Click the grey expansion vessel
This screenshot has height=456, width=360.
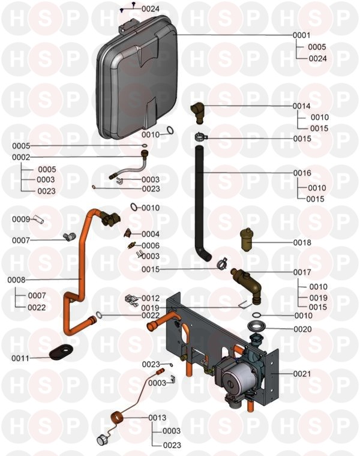[138, 78]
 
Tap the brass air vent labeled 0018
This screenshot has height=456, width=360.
[247, 241]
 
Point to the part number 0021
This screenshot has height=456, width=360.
[302, 373]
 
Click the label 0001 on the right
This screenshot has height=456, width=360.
[302, 35]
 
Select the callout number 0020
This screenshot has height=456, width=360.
[302, 329]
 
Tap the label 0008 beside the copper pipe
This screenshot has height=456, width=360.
[16, 280]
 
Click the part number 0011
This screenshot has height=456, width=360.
[21, 359]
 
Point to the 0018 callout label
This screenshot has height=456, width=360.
[302, 243]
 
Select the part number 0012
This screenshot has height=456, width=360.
[151, 298]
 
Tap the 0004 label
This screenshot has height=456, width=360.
[151, 234]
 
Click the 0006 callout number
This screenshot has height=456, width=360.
[151, 245]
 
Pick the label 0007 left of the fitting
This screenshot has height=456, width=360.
[21, 240]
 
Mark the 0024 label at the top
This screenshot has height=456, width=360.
[151, 9]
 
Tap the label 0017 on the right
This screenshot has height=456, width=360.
[302, 272]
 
